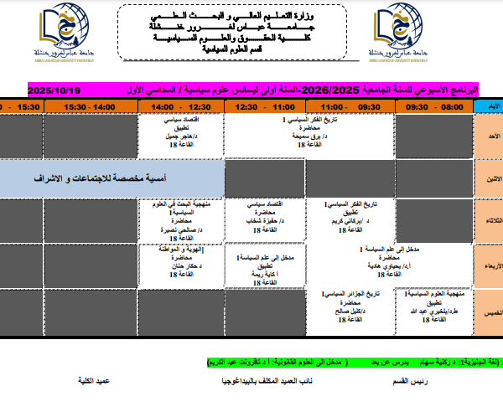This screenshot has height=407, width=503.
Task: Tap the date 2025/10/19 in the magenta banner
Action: (53, 90)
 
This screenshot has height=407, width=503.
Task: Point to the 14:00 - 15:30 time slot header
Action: (92, 107)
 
